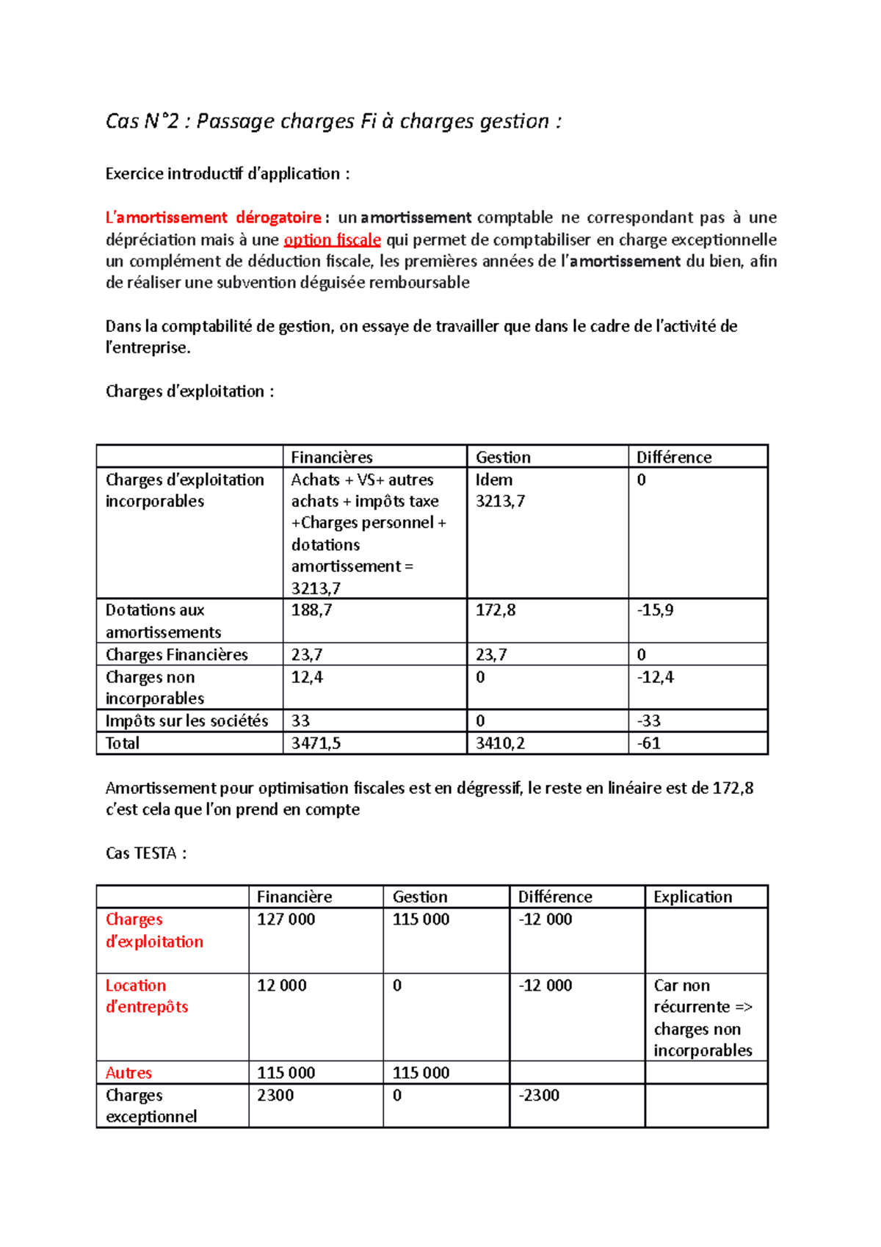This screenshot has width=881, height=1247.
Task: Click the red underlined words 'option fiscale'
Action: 332,240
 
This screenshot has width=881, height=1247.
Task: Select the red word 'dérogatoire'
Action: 278,218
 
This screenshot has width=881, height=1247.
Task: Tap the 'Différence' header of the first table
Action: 673,457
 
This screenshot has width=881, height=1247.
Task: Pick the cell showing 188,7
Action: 311,610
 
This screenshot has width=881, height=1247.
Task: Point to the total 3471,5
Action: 316,743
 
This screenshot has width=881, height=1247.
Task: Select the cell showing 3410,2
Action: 500,743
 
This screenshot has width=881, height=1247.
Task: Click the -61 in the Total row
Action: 648,743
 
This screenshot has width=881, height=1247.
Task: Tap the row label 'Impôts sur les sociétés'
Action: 186,721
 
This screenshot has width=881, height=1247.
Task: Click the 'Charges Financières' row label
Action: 176,655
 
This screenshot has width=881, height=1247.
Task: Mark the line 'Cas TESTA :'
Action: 146,853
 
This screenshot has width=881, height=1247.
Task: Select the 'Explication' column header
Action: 692,897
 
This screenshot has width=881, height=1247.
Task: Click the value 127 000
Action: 286,919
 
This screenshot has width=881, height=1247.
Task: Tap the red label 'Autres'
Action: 128,1073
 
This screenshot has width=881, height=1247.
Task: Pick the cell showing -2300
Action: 539,1095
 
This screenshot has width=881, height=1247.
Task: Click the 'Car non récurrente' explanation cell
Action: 703,1018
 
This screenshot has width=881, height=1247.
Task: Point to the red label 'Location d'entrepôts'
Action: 146,996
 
